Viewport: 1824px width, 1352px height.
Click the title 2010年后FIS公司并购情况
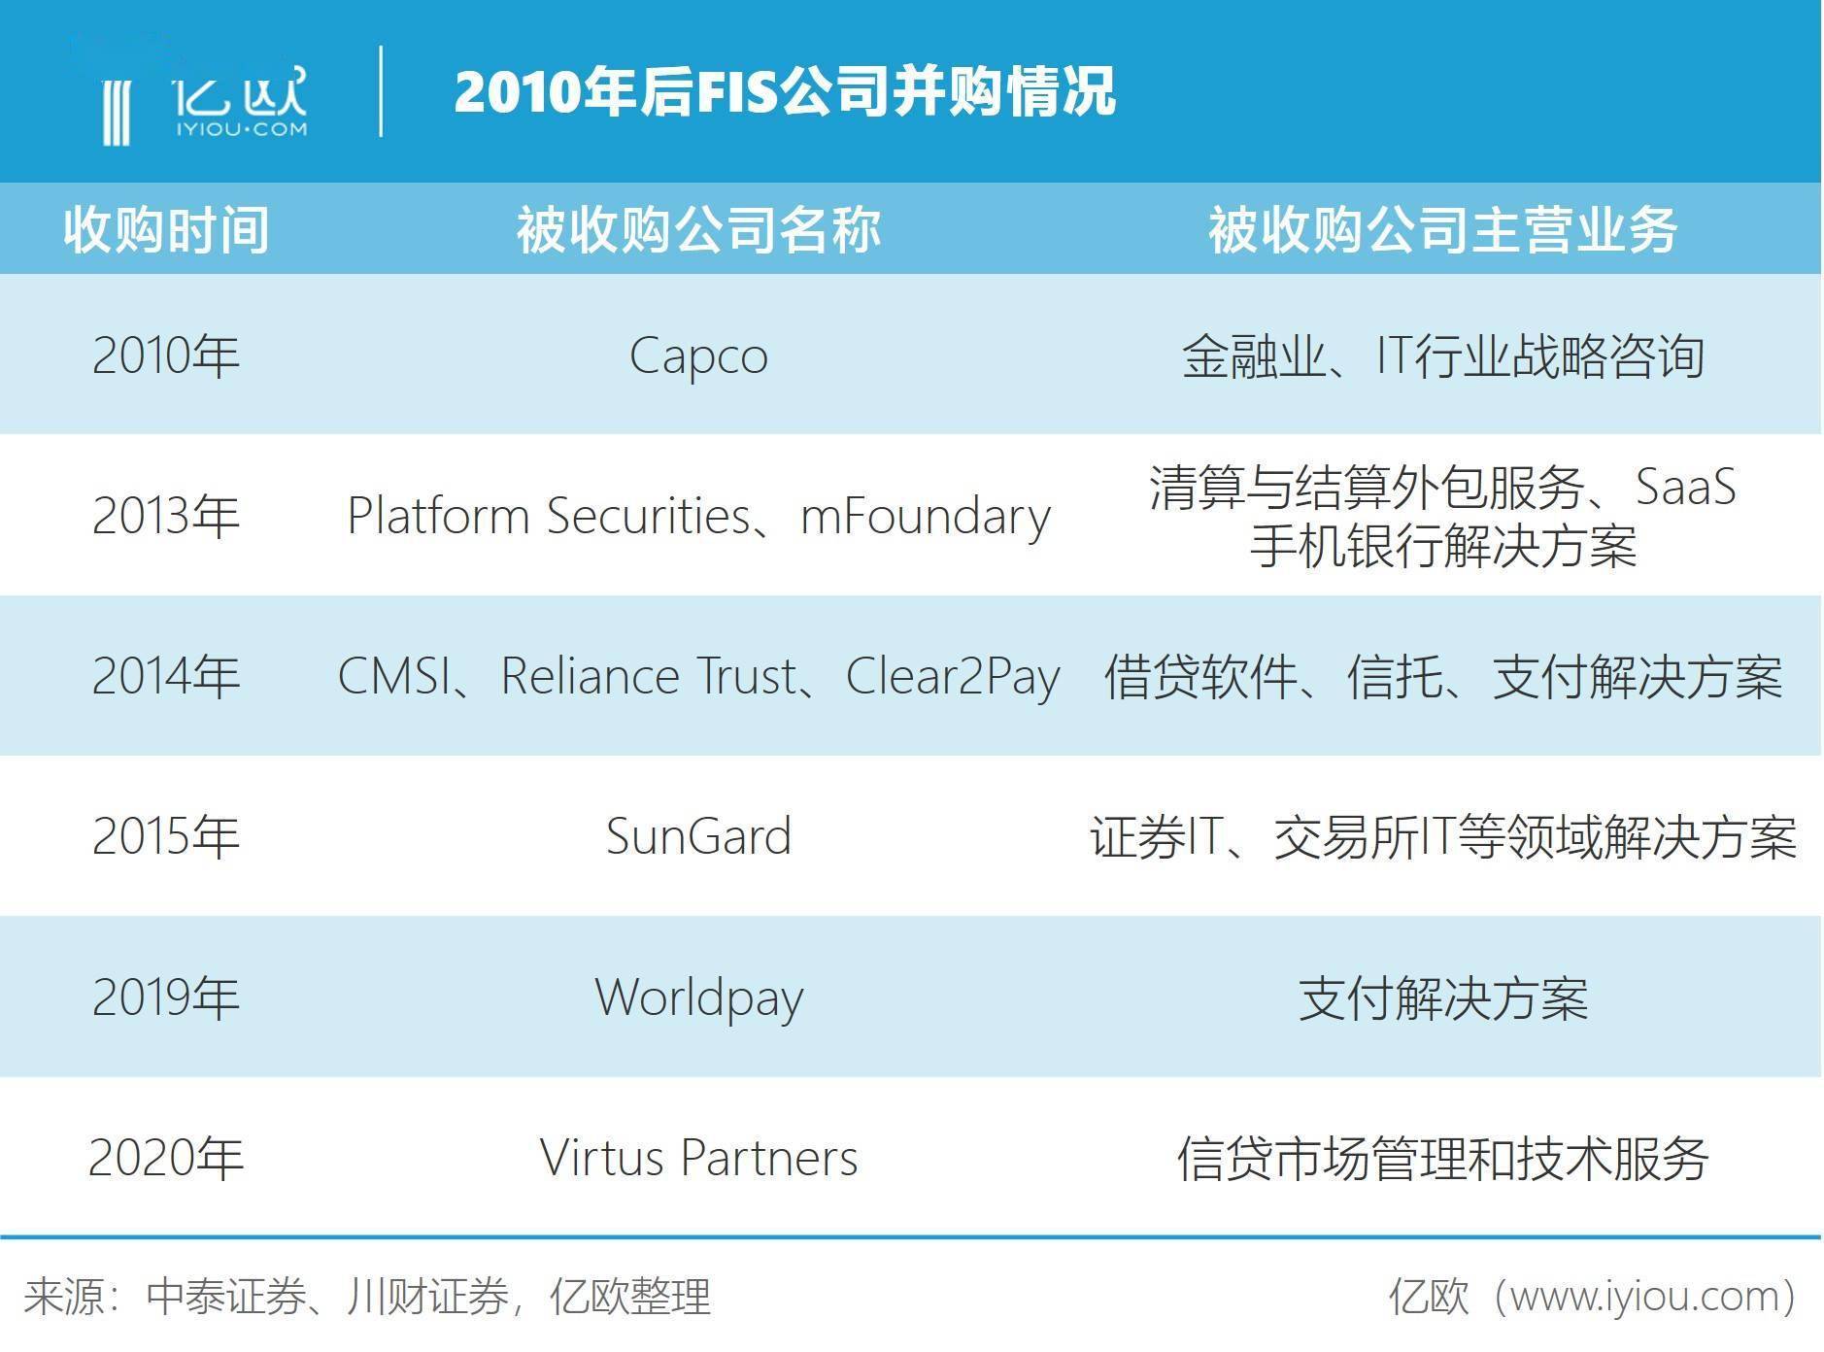coord(785,92)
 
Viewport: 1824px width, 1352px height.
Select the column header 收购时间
coord(166,230)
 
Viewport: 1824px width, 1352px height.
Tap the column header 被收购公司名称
coord(698,230)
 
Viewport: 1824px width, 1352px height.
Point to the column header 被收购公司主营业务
coord(1442,230)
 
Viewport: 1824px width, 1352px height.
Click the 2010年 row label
coord(166,355)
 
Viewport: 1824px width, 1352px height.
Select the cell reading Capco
coord(698,356)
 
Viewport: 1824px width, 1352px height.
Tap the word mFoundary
coord(925,516)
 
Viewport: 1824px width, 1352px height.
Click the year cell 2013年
coord(166,516)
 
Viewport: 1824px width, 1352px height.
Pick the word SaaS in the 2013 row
coord(1685,487)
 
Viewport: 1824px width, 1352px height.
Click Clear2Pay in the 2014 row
coord(953,676)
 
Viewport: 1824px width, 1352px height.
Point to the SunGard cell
coord(698,836)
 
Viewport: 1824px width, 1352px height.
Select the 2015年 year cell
coord(166,836)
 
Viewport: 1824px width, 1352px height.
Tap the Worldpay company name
coord(699,997)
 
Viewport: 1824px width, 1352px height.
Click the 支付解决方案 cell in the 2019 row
coord(1442,997)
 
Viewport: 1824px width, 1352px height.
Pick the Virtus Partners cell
coord(698,1158)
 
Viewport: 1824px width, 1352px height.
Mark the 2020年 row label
coord(166,1158)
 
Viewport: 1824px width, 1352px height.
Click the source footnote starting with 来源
coord(367,1297)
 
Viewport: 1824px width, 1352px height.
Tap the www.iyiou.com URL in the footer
coord(1642,1297)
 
